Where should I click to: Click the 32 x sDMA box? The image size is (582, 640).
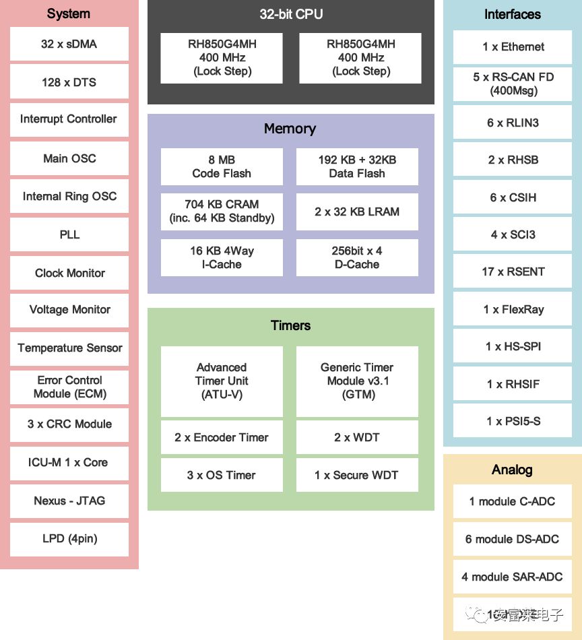click(69, 44)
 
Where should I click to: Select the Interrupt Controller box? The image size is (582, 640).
click(69, 119)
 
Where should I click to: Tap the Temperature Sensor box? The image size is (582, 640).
click(69, 348)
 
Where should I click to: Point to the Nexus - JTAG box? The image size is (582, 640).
click(69, 501)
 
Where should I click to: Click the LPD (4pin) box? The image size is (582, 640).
click(69, 539)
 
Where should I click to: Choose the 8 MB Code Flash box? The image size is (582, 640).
click(222, 167)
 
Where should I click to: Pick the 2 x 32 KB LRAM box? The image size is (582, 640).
click(357, 212)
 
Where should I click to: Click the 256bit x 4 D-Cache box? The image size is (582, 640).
click(357, 257)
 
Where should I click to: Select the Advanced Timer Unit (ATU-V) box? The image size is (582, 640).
click(222, 381)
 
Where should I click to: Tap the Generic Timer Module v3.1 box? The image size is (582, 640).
click(357, 381)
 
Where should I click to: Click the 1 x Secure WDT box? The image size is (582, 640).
click(357, 476)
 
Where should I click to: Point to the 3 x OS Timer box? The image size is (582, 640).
click(222, 476)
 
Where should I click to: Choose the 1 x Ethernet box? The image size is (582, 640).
click(513, 47)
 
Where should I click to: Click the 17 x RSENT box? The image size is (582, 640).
click(513, 272)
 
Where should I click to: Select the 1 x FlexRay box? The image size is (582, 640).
click(513, 310)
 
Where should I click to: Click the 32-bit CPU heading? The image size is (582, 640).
click(291, 15)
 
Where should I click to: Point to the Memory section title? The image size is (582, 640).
click(290, 129)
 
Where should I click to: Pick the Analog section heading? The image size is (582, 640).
click(512, 470)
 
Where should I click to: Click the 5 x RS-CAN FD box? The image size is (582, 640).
click(513, 84)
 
